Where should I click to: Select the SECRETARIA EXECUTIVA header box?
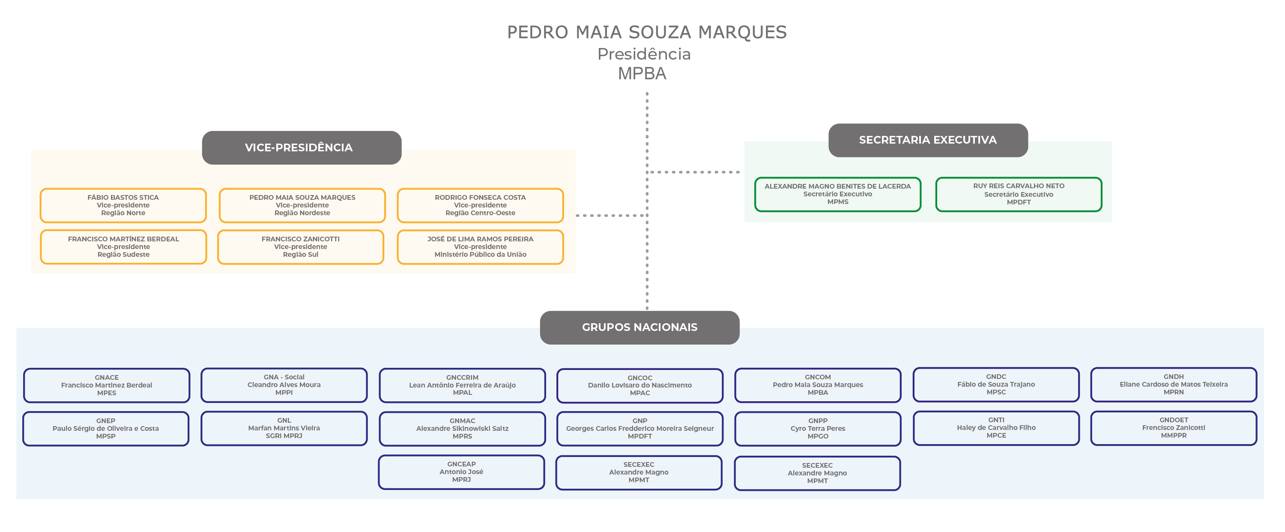click(927, 140)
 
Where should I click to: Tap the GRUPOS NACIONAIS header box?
click(639, 328)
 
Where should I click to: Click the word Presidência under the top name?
click(643, 54)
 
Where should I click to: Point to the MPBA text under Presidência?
click(642, 74)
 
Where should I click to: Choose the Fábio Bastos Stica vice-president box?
click(123, 205)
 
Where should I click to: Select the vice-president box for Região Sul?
click(300, 246)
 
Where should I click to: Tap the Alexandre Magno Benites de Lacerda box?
click(837, 194)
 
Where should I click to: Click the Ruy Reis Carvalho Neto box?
click(1018, 194)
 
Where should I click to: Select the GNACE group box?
click(107, 385)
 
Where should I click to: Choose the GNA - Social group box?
click(284, 385)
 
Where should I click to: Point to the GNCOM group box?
click(818, 385)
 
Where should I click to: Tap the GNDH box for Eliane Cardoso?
click(1173, 384)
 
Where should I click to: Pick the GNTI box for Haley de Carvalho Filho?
click(996, 428)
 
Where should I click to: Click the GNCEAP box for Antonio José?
click(461, 472)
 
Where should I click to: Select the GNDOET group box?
click(1173, 428)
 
